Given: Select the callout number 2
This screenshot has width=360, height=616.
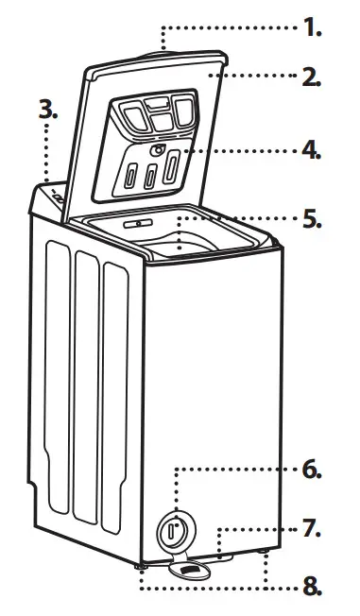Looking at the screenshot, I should click(311, 77).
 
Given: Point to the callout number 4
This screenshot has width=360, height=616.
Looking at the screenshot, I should click(311, 149).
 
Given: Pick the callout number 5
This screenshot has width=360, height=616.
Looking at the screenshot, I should click(311, 220).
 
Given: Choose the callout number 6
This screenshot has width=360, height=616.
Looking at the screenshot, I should click(311, 470).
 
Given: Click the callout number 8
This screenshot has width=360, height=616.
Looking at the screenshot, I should click(311, 587).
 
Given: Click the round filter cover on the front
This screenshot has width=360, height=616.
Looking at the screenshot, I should click(172, 530).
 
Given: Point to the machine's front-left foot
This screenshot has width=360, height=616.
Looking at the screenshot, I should click(141, 566).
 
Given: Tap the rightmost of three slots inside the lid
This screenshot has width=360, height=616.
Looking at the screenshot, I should click(171, 172).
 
